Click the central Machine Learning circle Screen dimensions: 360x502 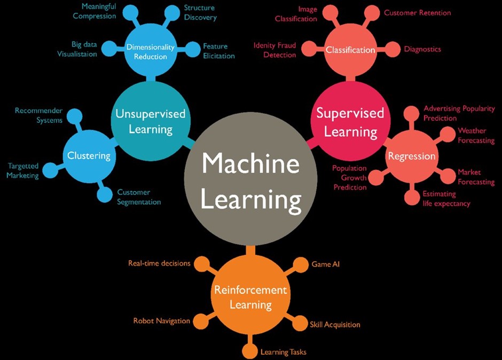250,181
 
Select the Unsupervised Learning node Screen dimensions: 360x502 151,121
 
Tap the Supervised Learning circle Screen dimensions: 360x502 350,121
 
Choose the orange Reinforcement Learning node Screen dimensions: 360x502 250,297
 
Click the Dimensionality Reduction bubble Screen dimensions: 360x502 151,51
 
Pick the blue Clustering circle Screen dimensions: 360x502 89,156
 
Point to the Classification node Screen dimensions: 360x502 350,50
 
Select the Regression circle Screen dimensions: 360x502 412,156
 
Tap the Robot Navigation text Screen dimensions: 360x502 161,321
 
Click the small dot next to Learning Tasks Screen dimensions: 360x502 249,351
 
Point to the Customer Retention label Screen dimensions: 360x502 417,12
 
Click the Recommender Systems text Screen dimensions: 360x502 38,115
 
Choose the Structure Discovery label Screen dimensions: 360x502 200,13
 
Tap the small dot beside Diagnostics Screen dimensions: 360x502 393,49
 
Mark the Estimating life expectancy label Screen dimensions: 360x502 446,199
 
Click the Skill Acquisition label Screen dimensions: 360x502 335,324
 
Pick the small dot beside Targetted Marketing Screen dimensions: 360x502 50,171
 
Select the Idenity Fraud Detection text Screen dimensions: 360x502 274,50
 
